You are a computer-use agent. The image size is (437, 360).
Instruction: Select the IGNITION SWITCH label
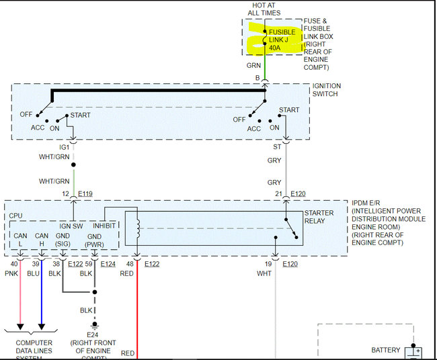[327, 90]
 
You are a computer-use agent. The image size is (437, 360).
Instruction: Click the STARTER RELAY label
[319, 217]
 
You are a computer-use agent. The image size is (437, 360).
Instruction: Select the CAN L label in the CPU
[21, 240]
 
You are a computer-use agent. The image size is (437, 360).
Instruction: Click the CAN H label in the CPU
[42, 240]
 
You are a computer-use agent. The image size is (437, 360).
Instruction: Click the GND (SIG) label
[63, 240]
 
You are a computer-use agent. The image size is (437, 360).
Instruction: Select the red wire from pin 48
[137, 309]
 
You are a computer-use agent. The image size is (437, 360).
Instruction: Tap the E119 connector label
[85, 194]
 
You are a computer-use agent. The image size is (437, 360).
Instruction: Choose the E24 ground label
[93, 334]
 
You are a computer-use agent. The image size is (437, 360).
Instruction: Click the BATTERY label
[386, 350]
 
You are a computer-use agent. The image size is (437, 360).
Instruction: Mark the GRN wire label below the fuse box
[253, 66]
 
